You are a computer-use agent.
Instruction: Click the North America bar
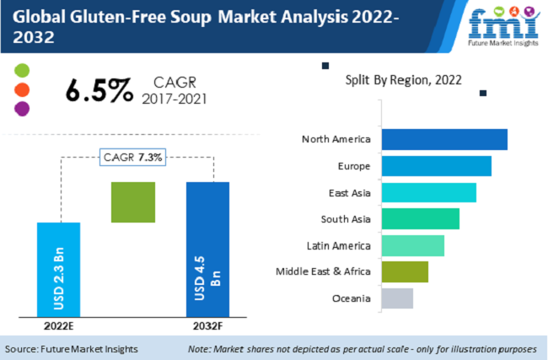444,139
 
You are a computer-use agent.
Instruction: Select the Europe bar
436,165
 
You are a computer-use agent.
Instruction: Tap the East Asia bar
428,192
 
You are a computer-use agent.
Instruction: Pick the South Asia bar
420,219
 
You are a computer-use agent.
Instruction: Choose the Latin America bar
412,245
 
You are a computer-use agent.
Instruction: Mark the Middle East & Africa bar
405,272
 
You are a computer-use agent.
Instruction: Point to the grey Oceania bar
397,298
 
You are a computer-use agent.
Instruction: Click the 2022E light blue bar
59,270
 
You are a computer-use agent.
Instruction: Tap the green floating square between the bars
133,202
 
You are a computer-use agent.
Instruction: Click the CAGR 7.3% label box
133,157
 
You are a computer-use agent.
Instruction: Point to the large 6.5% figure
99,90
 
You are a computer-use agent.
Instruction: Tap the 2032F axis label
207,325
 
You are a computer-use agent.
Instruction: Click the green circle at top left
23,71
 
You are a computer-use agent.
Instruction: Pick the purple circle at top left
23,108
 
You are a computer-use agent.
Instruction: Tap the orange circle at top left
23,89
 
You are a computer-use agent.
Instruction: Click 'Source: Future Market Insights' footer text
72,349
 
